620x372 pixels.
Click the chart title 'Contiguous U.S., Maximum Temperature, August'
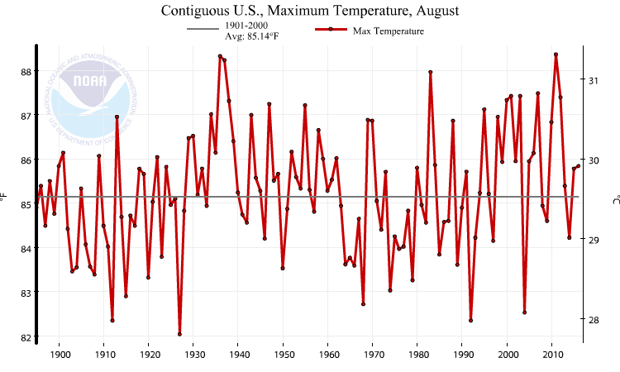(x=309, y=11)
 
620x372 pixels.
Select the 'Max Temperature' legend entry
(x=388, y=31)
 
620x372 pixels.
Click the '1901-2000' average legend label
(x=246, y=26)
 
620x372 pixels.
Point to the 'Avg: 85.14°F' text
(x=251, y=37)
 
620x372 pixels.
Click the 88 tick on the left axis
(x=26, y=71)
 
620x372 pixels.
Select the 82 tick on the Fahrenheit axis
(x=26, y=337)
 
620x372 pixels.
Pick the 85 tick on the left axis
(x=26, y=204)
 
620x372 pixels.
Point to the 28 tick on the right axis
(x=593, y=320)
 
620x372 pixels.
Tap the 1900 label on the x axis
(x=60, y=355)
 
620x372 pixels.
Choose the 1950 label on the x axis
(x=283, y=355)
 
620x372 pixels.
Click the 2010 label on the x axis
(x=551, y=355)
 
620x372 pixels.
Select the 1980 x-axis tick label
(x=417, y=355)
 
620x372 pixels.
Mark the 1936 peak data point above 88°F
(x=220, y=56)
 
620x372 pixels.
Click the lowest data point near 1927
(x=179, y=334)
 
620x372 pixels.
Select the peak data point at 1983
(x=431, y=72)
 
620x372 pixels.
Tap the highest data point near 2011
(x=556, y=55)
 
